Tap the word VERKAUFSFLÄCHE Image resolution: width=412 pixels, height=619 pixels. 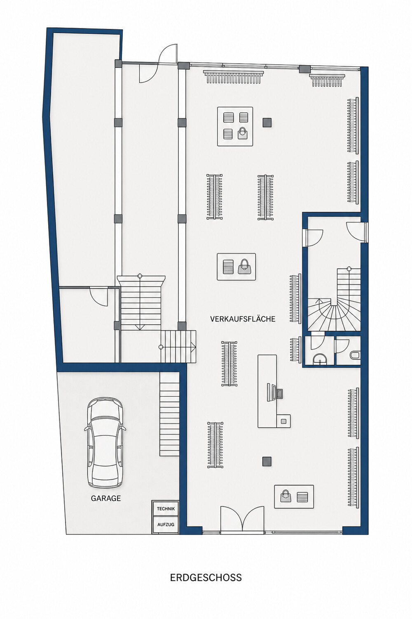(243, 319)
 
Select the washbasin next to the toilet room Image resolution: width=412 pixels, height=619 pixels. (320, 359)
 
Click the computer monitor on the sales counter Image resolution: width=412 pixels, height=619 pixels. (269, 391)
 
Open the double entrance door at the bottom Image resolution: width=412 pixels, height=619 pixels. (242, 519)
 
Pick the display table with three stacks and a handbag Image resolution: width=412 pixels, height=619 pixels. (235, 126)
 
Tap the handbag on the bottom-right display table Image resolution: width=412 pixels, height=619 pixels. (286, 496)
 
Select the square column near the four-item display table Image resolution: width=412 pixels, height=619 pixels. (267, 122)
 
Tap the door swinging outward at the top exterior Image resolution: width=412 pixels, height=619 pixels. (168, 54)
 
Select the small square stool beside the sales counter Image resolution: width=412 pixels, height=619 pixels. (283, 421)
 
